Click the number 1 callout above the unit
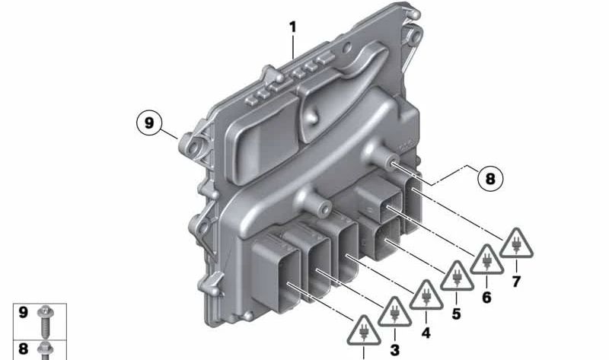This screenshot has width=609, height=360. click(292, 27)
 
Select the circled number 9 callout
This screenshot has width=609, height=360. click(149, 123)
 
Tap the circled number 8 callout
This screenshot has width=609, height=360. click(490, 179)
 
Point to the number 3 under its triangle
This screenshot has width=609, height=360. click(394, 350)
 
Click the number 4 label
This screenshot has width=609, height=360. click(426, 333)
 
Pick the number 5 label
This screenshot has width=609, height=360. click(456, 314)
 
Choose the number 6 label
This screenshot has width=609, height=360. click(486, 298)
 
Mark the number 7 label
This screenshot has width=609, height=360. click(516, 281)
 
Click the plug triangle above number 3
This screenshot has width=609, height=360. click(394, 312)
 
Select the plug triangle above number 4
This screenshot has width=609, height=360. click(426, 295)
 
